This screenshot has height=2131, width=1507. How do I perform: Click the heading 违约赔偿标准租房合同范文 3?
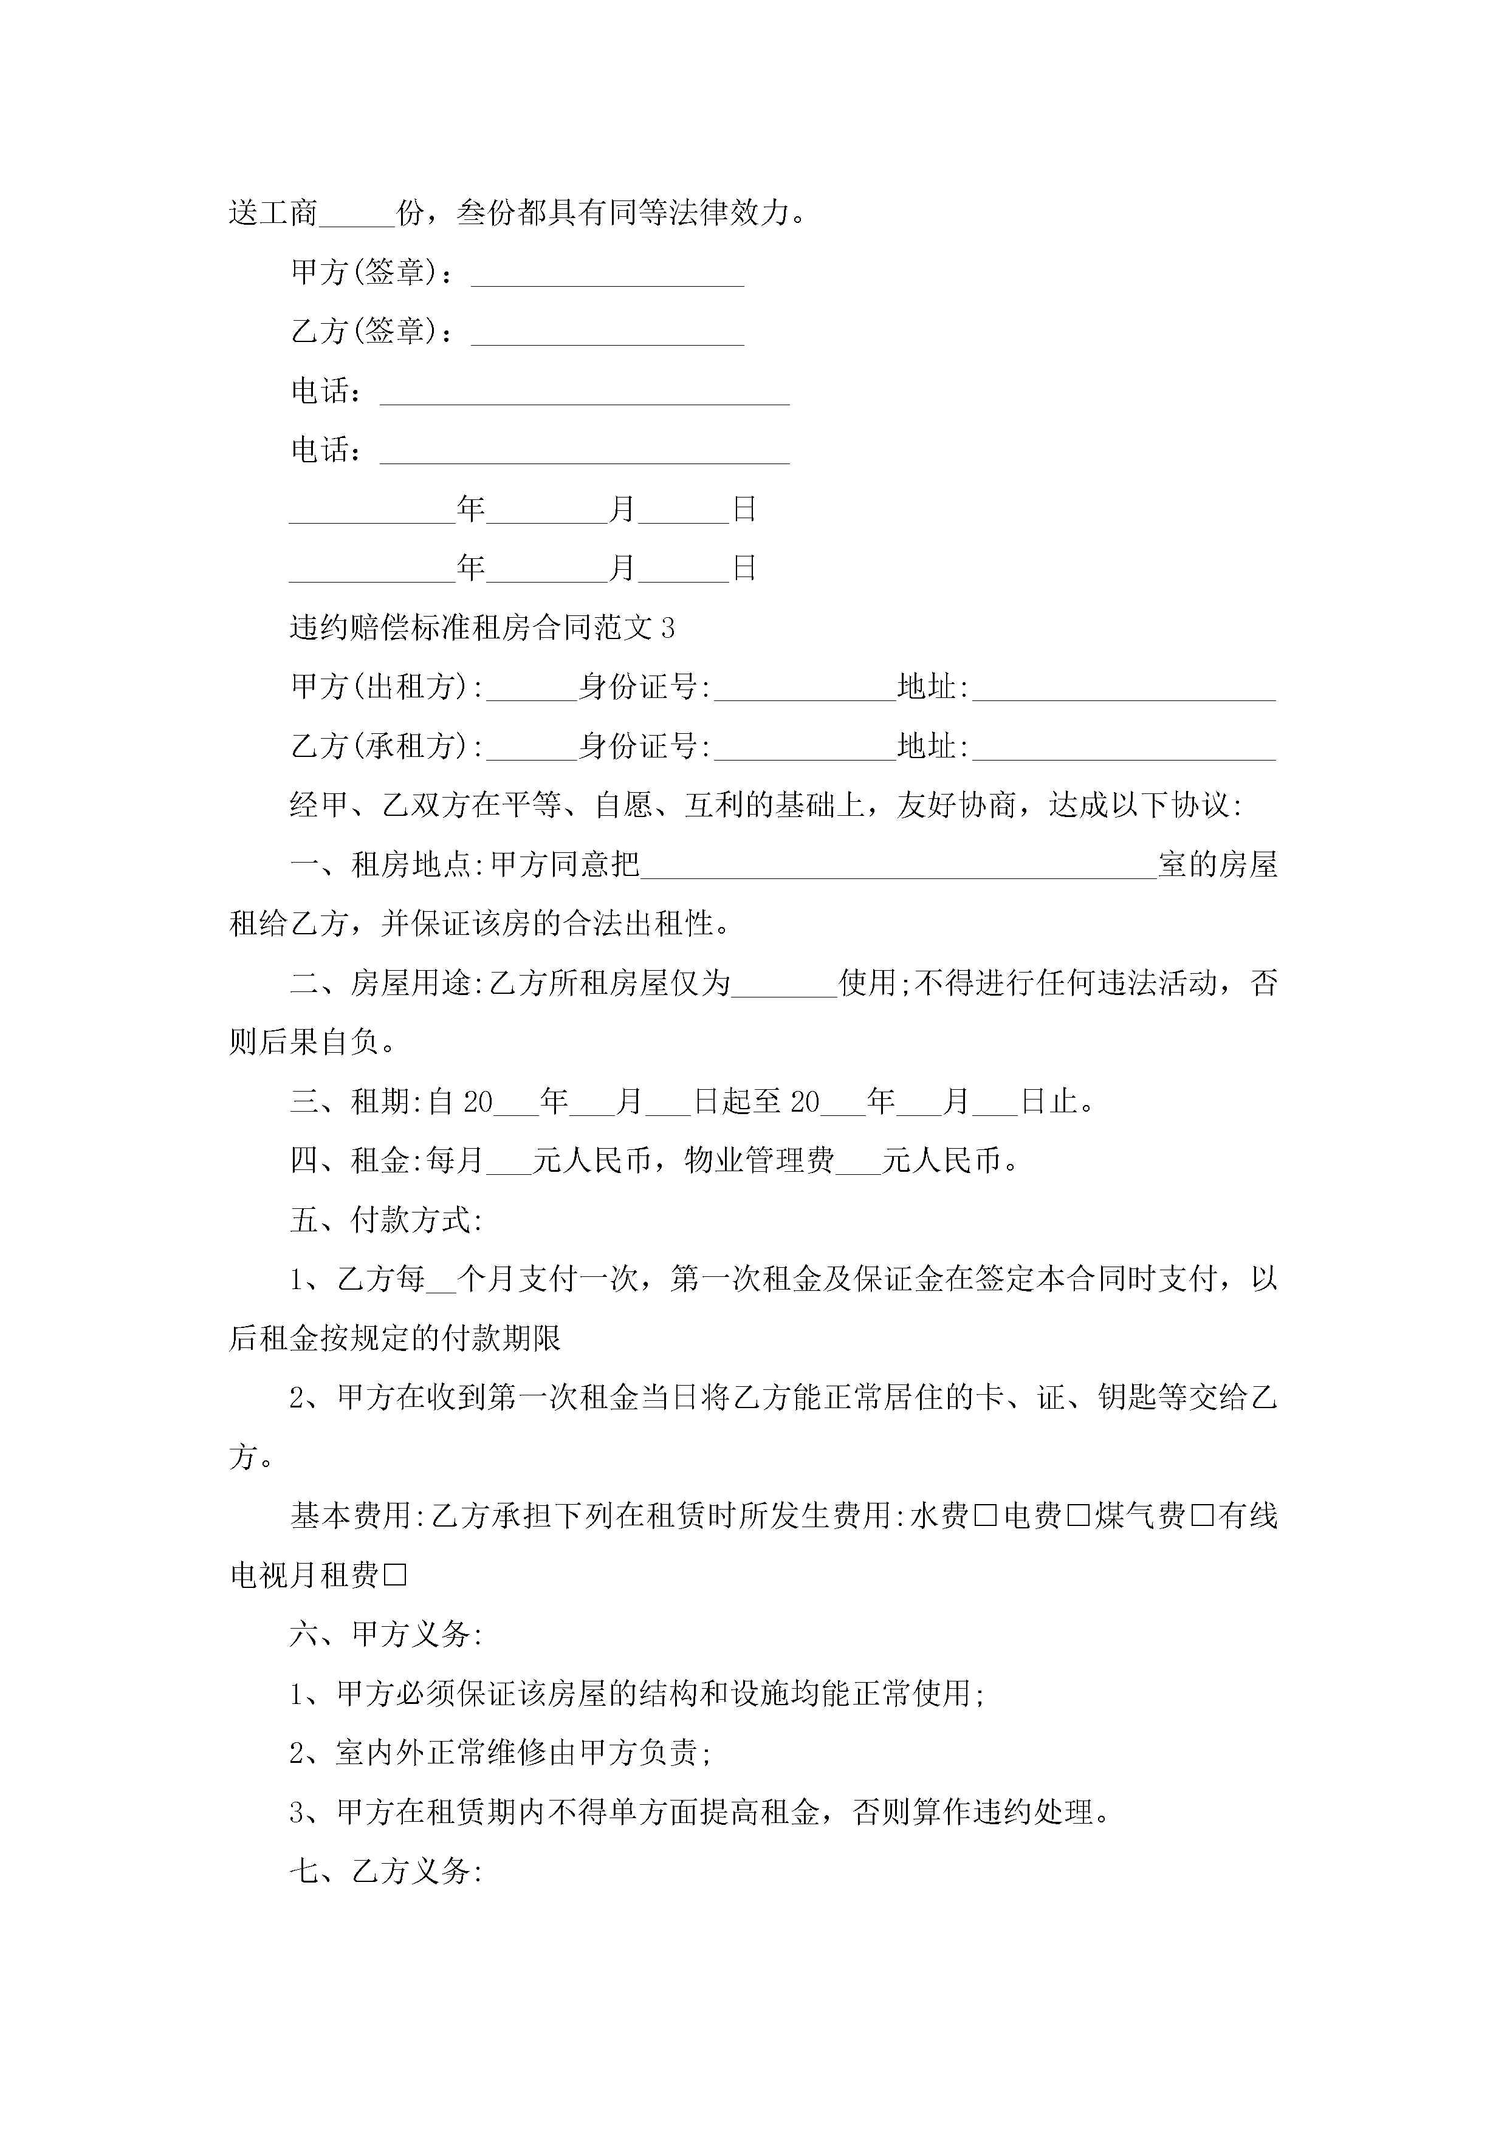482,628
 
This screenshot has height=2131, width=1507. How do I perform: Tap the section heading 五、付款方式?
385,1220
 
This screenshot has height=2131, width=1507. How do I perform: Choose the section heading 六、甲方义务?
385,1635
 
